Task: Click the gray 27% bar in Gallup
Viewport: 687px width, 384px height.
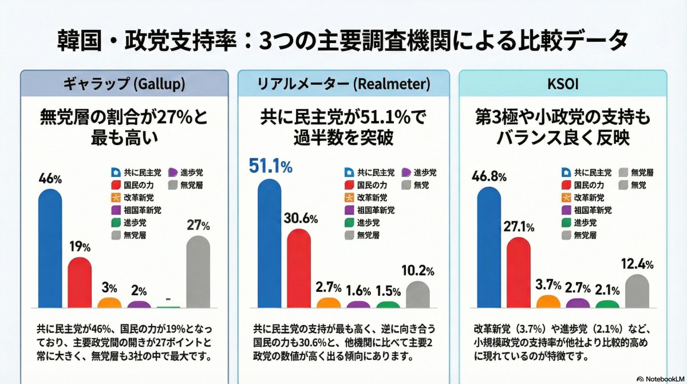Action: (x=198, y=272)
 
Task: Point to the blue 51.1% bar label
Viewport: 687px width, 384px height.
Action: (x=270, y=166)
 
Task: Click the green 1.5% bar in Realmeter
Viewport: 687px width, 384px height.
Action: (x=388, y=304)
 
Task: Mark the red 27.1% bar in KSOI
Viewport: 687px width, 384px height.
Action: (x=518, y=272)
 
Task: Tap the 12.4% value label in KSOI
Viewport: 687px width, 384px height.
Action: (x=637, y=264)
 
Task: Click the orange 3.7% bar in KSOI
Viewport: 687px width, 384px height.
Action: (x=548, y=301)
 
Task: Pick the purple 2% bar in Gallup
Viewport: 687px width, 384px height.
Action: (x=139, y=304)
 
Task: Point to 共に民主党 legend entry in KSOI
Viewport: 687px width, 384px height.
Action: (x=587, y=172)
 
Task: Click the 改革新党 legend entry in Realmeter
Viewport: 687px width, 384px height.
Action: (x=370, y=197)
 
